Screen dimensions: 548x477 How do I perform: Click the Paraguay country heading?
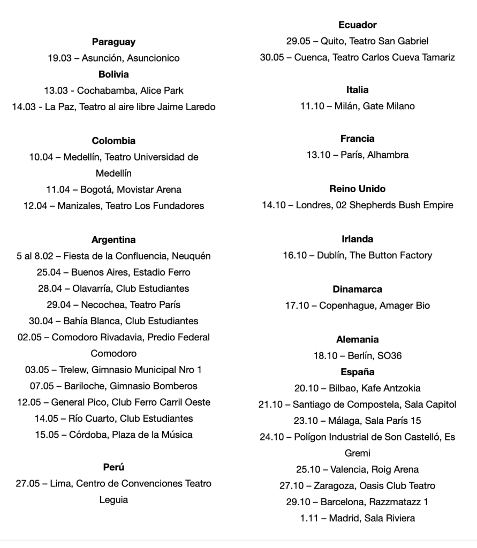pos(113,42)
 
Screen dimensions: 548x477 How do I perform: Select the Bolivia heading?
pos(113,74)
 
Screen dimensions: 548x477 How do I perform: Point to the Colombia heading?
pos(113,141)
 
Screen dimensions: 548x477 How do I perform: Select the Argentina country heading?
pos(113,240)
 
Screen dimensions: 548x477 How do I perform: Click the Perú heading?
pos(113,467)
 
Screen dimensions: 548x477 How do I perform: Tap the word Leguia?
pos(113,500)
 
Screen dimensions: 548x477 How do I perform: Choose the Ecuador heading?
pos(358,25)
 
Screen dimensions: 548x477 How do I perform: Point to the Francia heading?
pos(358,139)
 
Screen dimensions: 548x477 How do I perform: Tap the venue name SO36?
pos(389,356)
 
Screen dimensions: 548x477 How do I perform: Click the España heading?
pos(358,372)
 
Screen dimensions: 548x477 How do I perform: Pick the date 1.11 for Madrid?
pos(311,518)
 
